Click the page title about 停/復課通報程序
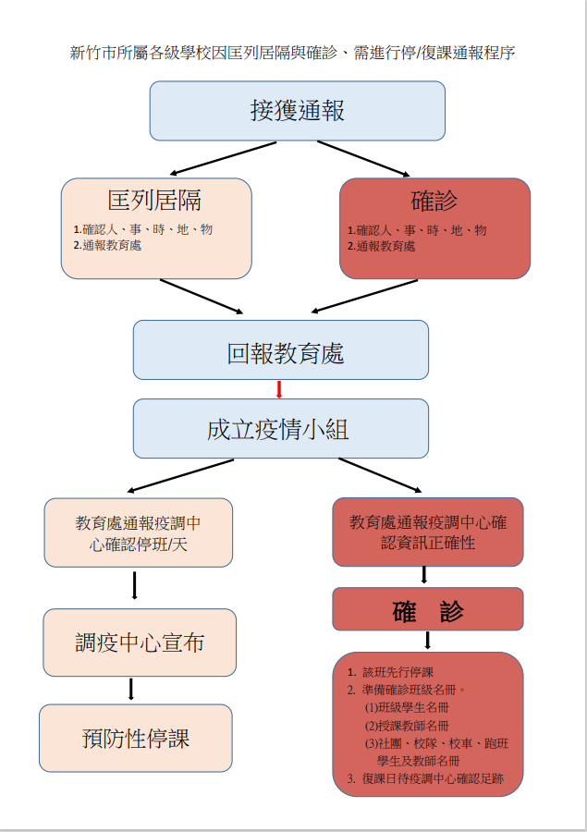click(x=292, y=53)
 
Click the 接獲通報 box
click(x=298, y=111)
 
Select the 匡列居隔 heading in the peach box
click(x=154, y=200)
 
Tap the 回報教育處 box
click(x=281, y=349)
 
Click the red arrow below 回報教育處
click(x=279, y=389)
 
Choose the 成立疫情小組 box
click(x=281, y=428)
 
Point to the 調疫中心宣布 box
click(x=140, y=642)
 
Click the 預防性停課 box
click(x=136, y=738)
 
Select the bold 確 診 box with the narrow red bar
click(x=428, y=609)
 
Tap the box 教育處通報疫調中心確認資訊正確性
click(x=428, y=532)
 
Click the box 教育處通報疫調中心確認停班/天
click(x=139, y=532)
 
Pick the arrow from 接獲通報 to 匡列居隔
click(x=223, y=158)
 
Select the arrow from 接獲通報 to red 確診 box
click(x=363, y=158)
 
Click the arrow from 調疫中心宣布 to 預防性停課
click(x=131, y=690)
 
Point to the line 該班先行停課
click(x=398, y=672)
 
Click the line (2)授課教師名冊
click(x=407, y=726)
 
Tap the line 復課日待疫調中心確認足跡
click(x=433, y=779)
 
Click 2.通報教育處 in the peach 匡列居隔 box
click(x=108, y=245)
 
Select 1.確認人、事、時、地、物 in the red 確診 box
click(x=417, y=230)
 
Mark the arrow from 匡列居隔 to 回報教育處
click(x=202, y=297)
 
